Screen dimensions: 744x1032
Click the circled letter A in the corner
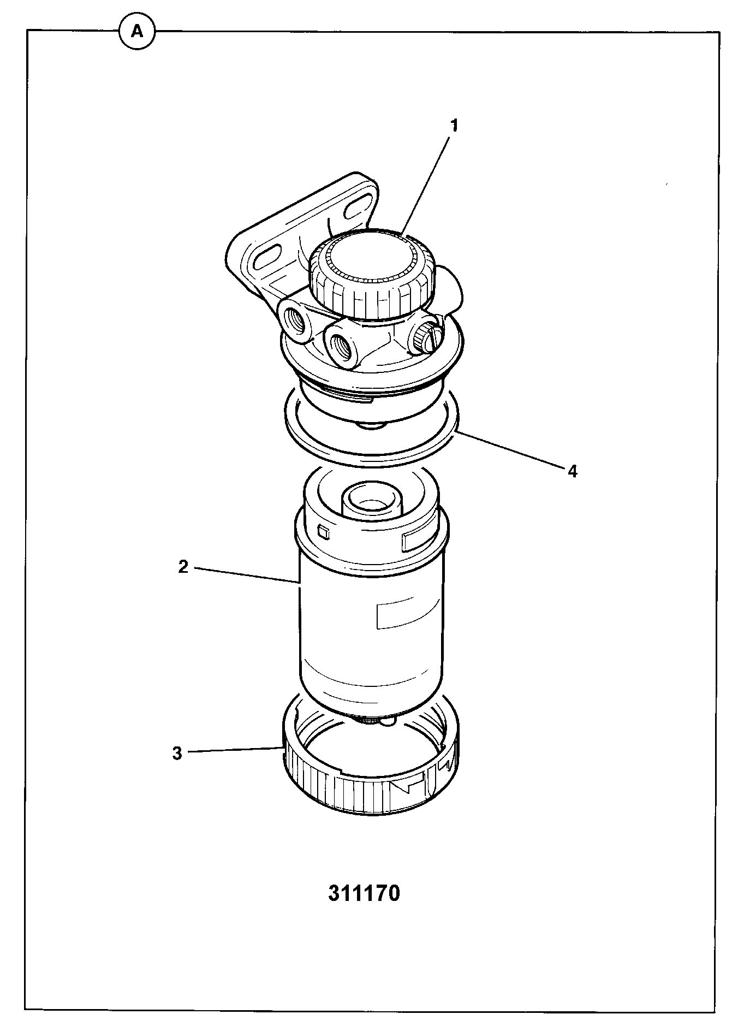click(138, 32)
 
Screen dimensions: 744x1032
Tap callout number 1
click(454, 126)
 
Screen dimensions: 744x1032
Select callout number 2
click(183, 567)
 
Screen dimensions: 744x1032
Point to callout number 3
click(177, 754)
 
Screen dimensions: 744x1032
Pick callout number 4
click(572, 471)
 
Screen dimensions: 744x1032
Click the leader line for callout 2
click(247, 576)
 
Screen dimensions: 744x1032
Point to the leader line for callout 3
click(235, 750)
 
